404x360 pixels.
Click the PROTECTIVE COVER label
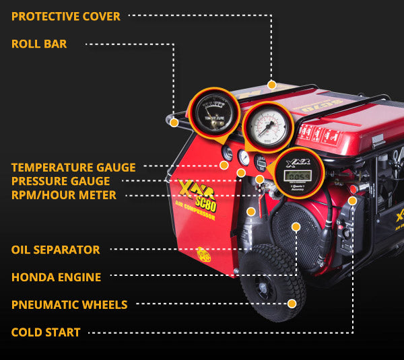(x=66, y=16)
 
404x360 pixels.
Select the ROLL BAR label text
(x=39, y=44)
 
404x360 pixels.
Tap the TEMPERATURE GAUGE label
(x=73, y=167)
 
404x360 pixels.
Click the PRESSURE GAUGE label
(x=61, y=181)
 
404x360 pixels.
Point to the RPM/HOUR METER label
(x=64, y=195)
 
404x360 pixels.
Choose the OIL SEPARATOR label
(x=56, y=250)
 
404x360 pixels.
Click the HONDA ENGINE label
(x=57, y=277)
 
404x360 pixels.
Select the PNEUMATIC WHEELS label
(x=69, y=305)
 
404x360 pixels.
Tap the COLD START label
(x=46, y=332)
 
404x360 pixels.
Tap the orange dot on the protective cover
(x=272, y=85)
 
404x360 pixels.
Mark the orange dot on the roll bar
(x=174, y=122)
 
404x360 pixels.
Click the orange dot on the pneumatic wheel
(x=292, y=303)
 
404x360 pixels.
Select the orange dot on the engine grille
(x=295, y=227)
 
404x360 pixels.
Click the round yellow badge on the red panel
(x=203, y=254)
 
